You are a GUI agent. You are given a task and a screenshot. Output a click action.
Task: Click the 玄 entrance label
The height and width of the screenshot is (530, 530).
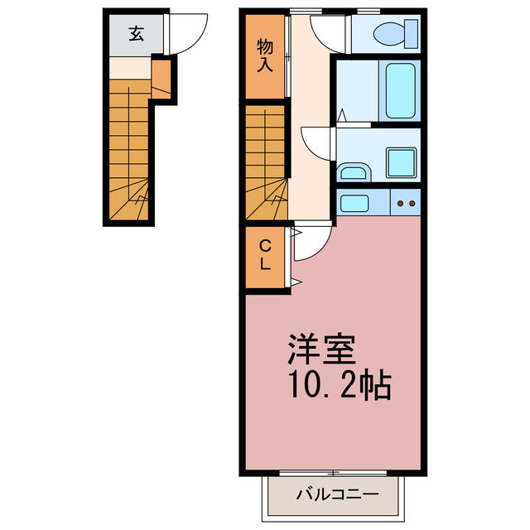[x=135, y=34]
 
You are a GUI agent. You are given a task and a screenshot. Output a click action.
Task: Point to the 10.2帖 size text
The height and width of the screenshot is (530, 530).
[x=340, y=387]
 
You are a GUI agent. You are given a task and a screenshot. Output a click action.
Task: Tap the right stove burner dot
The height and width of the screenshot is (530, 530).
[x=412, y=202]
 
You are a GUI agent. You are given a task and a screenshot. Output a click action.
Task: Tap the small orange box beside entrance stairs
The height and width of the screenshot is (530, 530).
[x=161, y=79]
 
